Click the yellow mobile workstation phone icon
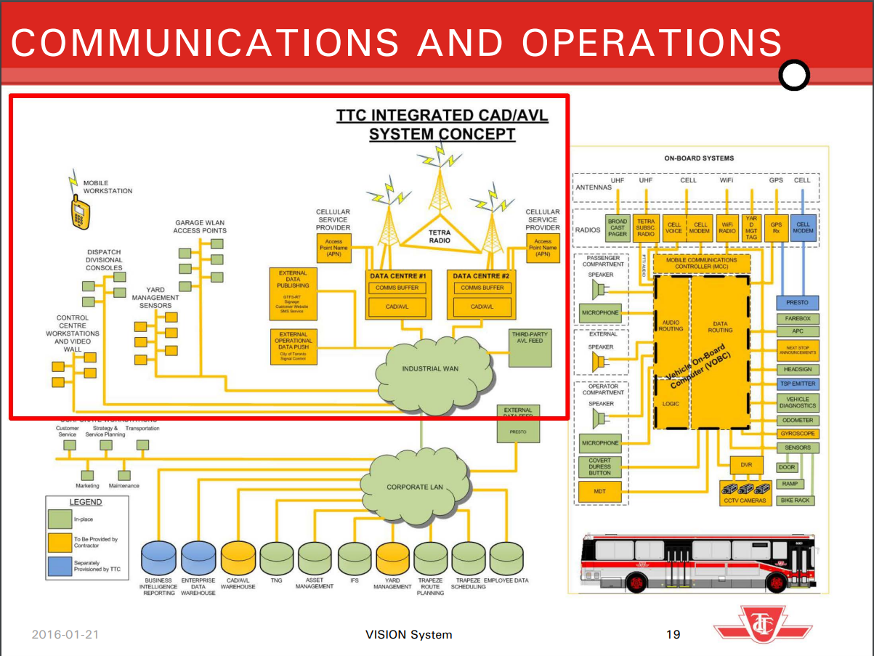80,212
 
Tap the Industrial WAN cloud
431,369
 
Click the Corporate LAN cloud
415,487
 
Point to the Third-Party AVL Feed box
530,347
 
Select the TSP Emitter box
798,384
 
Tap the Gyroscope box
798,434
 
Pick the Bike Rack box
796,501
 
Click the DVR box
746,463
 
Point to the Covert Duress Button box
600,466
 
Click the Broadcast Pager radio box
618,228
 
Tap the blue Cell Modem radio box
803,228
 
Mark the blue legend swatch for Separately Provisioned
60,566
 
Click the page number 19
673,634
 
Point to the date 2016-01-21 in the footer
65,634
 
